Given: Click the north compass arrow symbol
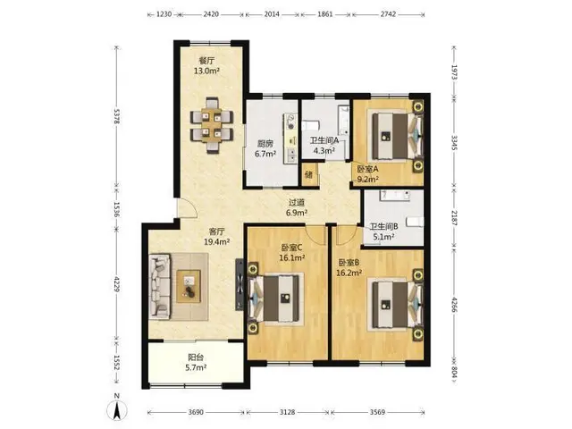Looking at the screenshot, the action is (x=117, y=409).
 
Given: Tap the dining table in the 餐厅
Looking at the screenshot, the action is (x=212, y=125).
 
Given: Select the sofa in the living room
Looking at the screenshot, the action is (x=160, y=286).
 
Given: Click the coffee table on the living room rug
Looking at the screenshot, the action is (x=189, y=286).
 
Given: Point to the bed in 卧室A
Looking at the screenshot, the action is (x=395, y=136).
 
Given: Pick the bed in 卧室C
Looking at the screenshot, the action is (x=276, y=298).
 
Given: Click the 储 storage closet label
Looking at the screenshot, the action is (x=309, y=174).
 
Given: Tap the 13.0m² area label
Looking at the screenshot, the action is (x=206, y=71).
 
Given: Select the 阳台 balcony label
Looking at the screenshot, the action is (x=196, y=357).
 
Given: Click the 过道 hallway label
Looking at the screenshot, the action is (x=297, y=203).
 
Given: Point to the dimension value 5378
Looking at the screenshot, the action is (x=117, y=116).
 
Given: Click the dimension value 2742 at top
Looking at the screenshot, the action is (x=388, y=14).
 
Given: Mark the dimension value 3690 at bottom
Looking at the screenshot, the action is (x=196, y=412).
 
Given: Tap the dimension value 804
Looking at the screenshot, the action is (x=454, y=372).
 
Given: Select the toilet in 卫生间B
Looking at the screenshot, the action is (x=415, y=222).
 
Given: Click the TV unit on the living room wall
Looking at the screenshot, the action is (x=240, y=284).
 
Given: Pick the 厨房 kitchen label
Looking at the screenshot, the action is (x=265, y=144).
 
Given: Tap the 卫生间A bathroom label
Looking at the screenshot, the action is (x=324, y=140).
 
